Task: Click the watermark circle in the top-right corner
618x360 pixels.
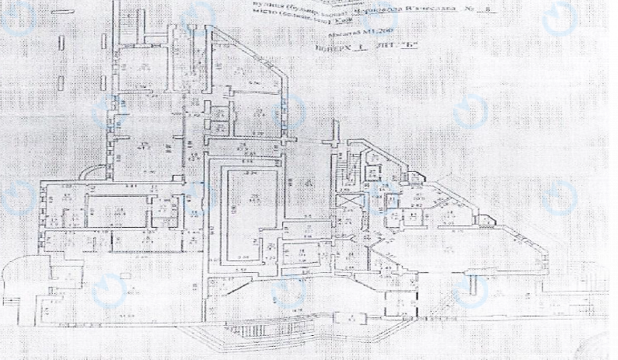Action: click(x=559, y=21)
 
